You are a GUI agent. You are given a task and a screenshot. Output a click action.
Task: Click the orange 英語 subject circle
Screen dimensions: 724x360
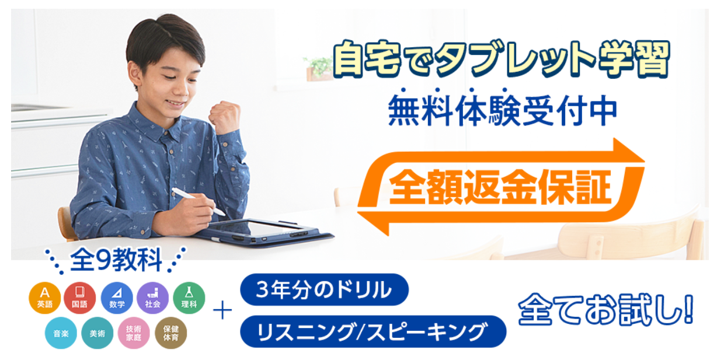(44, 298)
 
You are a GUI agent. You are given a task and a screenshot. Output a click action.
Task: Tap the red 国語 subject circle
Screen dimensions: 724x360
(80, 298)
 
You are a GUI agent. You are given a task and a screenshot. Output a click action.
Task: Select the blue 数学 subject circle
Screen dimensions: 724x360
(117, 298)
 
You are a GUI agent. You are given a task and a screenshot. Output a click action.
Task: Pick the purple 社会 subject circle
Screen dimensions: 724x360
(153, 298)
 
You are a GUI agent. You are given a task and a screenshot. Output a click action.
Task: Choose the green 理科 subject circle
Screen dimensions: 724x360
(189, 298)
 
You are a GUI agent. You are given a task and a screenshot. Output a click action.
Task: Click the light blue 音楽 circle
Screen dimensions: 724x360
(61, 333)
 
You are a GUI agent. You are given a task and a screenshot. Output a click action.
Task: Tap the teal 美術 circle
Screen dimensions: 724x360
(98, 333)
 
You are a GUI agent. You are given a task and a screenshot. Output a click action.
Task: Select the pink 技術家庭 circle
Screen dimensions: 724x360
(134, 333)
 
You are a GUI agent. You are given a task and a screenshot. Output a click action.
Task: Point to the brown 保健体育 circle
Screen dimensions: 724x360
(170, 333)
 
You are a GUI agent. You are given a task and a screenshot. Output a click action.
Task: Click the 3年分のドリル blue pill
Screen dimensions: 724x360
(324, 289)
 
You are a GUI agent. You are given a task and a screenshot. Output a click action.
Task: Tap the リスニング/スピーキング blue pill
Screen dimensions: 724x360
(373, 331)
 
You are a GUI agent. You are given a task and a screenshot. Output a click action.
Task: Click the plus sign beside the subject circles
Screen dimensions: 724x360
(222, 310)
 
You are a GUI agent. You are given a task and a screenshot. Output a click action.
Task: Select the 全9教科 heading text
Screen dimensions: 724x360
(116, 260)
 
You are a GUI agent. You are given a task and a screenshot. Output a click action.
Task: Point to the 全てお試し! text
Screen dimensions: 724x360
(605, 309)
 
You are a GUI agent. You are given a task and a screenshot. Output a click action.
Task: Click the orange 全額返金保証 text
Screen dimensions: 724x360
(500, 187)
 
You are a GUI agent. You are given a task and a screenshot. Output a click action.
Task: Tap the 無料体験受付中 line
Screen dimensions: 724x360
(503, 110)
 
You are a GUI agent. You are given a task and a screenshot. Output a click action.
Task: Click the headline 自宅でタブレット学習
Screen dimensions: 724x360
(501, 59)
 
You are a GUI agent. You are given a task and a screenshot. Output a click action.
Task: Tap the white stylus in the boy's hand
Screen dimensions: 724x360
(199, 201)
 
